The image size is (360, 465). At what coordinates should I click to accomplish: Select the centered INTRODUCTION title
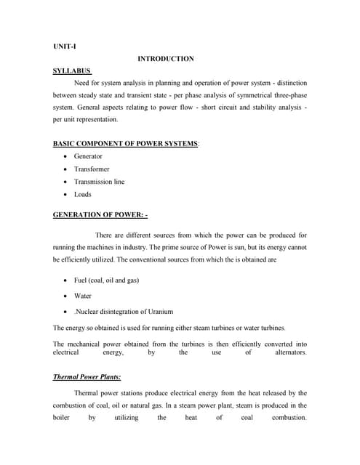click(x=165, y=59)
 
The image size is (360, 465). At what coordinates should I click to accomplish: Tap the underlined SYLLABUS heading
click(x=72, y=71)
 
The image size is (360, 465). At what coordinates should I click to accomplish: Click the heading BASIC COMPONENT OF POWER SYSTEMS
click(x=125, y=144)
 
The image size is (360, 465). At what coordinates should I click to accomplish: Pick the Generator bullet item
click(x=88, y=156)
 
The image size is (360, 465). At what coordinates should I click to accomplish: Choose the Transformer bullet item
click(x=92, y=169)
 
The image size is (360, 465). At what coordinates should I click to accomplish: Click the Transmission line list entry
click(x=99, y=182)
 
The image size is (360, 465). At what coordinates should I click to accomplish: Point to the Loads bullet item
click(x=83, y=195)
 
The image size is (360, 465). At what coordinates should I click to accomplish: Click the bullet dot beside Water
click(x=66, y=296)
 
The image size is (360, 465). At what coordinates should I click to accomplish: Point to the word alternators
click(x=291, y=352)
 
